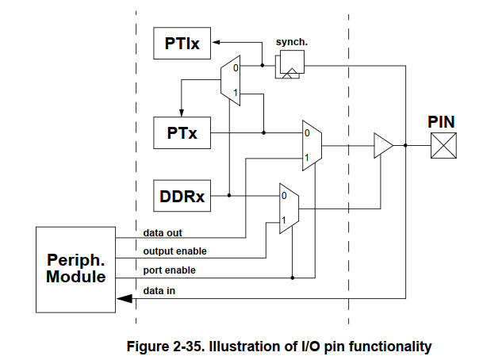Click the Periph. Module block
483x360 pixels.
(76, 270)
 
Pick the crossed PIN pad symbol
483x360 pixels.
(443, 145)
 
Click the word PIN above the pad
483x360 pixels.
(442, 122)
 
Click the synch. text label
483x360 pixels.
(290, 41)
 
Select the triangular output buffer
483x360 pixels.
(384, 145)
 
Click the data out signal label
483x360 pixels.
(163, 233)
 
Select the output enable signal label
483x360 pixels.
(175, 251)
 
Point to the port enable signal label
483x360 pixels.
(170, 270)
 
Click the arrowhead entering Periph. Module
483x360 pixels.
(123, 298)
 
